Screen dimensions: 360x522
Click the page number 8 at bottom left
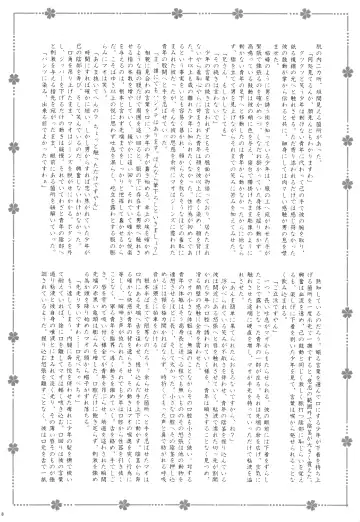click(x=6, y=514)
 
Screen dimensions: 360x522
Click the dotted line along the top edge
click(x=180, y=14)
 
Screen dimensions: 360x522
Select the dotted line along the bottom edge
click(x=180, y=507)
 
